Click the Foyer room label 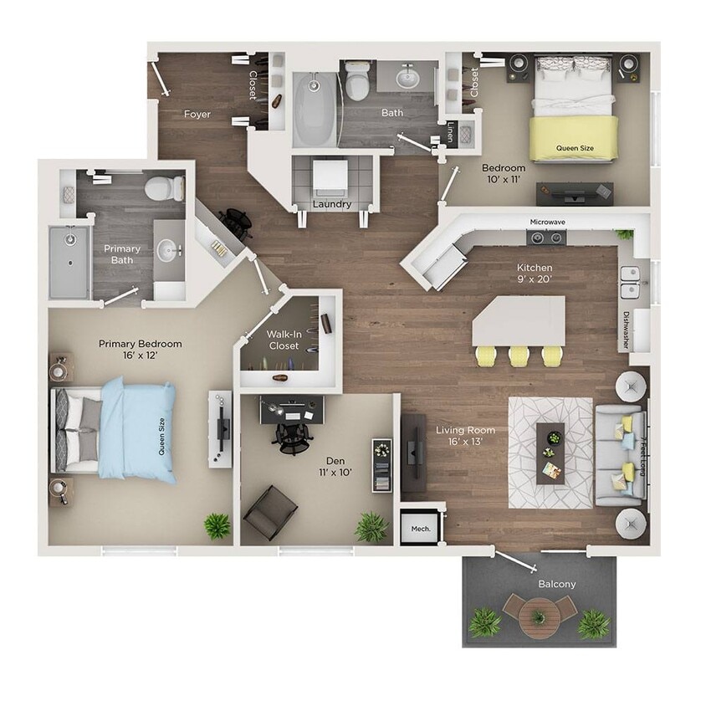click(x=197, y=114)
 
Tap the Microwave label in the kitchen click(x=548, y=223)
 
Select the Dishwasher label click(x=626, y=330)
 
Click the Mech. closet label click(x=420, y=529)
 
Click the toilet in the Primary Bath click(x=163, y=187)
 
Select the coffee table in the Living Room click(x=550, y=453)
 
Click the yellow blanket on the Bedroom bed click(x=575, y=137)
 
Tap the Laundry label click(x=331, y=204)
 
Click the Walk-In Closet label click(x=283, y=339)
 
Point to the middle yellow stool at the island click(x=519, y=356)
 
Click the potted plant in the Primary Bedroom click(x=217, y=526)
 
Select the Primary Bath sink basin click(x=169, y=248)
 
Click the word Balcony click(x=556, y=584)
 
